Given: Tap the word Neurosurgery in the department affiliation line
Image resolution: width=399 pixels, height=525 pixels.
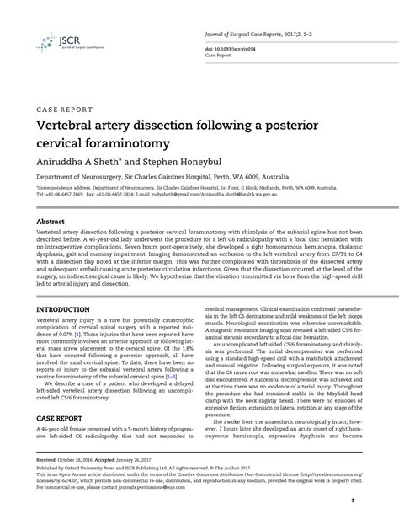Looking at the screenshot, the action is click(108, 179).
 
